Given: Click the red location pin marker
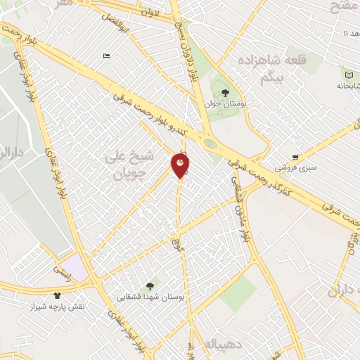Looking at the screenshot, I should pos(181,165).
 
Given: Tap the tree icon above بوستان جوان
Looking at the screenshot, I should pos(225,91).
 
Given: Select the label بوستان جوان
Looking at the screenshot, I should pos(223,103).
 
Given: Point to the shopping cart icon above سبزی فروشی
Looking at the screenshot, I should pos(297,157).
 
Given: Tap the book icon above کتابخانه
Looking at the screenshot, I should pos(348,72).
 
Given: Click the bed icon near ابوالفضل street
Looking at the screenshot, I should pos(106,56).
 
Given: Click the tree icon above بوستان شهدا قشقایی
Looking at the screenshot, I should pos(149,285).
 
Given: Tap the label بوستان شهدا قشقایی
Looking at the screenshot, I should pos(150,297).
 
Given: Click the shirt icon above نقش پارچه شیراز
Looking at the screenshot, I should pos(57,296).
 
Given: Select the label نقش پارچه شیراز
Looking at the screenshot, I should pos(56,307).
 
